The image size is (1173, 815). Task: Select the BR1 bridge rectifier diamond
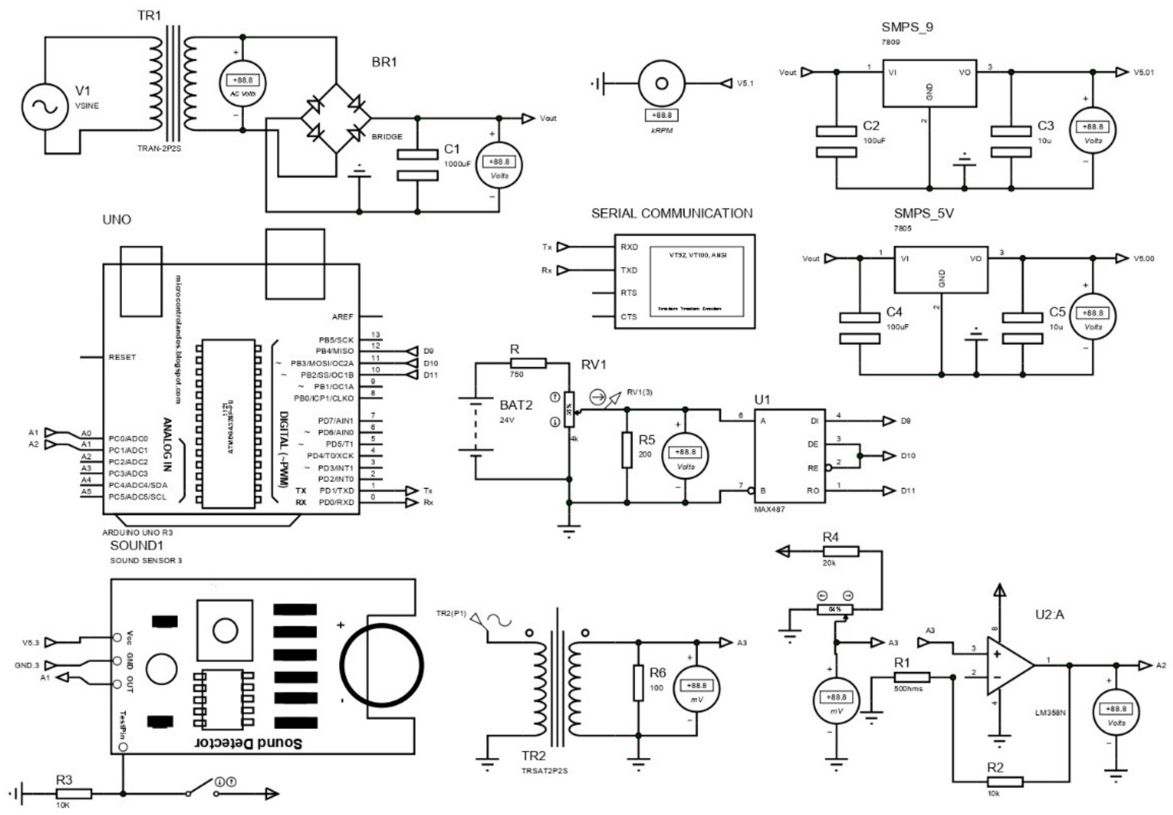336,118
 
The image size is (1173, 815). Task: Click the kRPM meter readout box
661,115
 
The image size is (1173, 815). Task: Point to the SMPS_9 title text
907,27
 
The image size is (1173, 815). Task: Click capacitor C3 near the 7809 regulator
1010,141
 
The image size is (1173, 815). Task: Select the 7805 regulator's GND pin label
942,278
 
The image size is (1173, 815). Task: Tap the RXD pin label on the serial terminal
629,247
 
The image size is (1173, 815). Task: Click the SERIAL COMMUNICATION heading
672,213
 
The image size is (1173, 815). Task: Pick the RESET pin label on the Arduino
122,357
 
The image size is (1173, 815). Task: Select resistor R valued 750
528,363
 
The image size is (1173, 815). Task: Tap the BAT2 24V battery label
516,406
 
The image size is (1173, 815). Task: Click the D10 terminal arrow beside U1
889,456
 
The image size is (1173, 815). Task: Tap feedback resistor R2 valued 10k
1005,781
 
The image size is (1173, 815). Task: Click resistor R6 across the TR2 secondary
638,682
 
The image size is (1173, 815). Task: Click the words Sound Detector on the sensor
249,743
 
